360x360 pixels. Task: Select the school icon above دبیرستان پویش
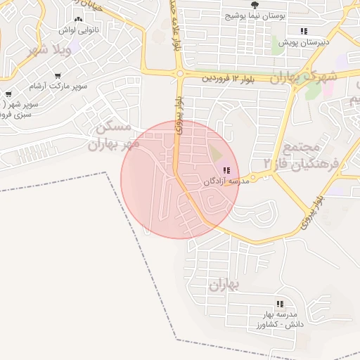pos(304,31)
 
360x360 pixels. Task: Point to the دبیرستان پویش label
pos(303,43)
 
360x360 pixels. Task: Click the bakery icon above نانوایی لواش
pos(78,20)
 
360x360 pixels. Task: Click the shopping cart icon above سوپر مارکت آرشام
pos(57,75)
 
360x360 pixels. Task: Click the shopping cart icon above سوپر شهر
pos(8,94)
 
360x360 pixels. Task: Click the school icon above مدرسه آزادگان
pos(227,170)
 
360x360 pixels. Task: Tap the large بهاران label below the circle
pos(224,285)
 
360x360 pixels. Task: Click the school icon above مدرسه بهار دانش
pos(280,304)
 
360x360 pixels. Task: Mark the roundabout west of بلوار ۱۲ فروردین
pos(180,73)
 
